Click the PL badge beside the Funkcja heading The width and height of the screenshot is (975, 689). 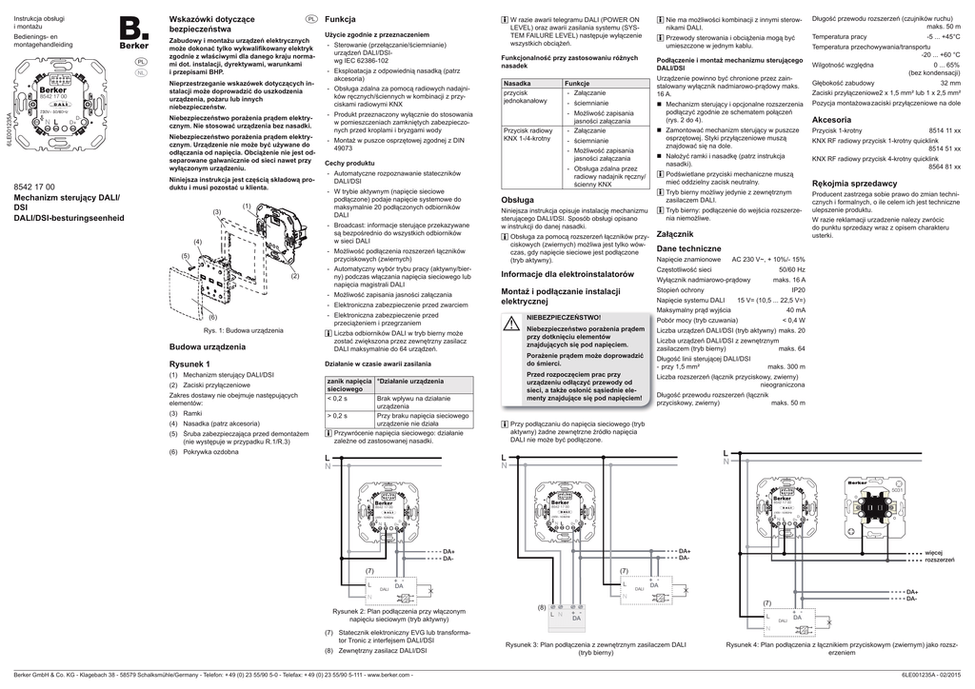click(311, 19)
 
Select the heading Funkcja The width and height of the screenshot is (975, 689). click(340, 19)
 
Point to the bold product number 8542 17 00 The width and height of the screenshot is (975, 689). click(35, 187)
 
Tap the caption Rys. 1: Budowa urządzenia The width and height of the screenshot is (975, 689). click(243, 329)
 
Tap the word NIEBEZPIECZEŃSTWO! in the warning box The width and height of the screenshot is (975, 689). click(565, 316)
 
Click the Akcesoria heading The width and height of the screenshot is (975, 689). click(831, 120)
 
